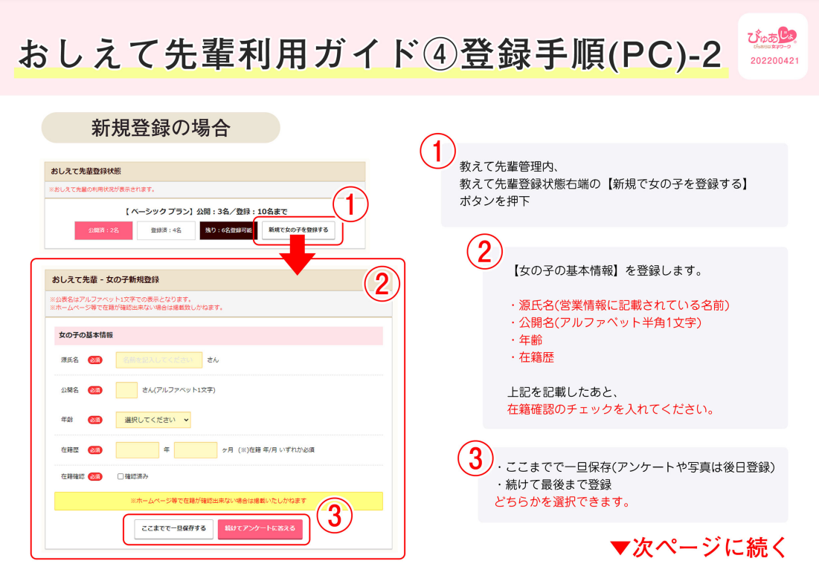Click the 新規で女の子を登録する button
298,230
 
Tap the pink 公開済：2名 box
104,230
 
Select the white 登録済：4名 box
166,230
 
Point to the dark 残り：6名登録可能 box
226,230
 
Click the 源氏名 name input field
159,360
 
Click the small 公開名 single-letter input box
126,390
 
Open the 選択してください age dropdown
153,420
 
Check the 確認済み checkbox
121,476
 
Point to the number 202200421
774,61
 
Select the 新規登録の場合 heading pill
161,128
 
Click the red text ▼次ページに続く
698,548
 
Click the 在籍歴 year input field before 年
138,449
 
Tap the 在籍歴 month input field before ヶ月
196,449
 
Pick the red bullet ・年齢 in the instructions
524,340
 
